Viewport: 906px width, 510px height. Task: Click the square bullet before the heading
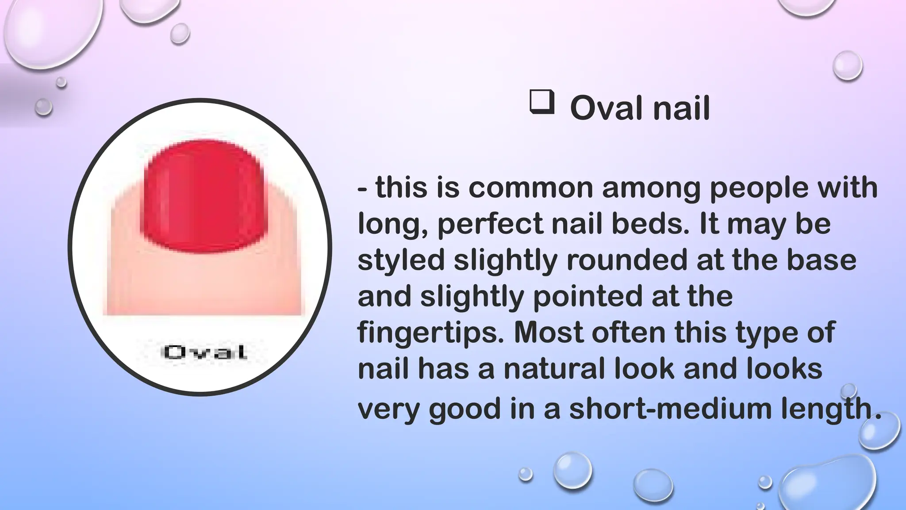[541, 102]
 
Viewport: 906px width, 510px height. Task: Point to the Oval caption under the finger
[205, 352]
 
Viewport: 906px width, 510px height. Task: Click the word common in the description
[530, 188]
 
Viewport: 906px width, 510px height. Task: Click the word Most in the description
[549, 332]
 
